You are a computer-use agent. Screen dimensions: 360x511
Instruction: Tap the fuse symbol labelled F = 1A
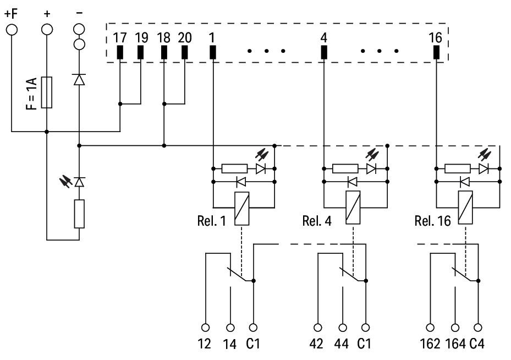click(x=47, y=92)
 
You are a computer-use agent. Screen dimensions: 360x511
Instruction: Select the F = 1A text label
click(x=32, y=93)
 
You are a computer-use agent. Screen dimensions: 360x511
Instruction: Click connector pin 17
click(x=120, y=52)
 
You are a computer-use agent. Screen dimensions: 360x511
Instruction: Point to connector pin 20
click(x=185, y=52)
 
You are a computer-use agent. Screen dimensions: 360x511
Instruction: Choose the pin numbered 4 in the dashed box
click(x=323, y=52)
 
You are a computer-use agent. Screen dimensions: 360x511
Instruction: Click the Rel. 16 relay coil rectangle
click(x=465, y=209)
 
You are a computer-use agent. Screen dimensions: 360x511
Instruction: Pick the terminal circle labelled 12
click(x=205, y=326)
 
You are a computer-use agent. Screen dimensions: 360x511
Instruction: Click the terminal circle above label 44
click(x=343, y=326)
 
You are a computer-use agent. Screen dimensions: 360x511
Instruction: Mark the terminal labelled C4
click(x=478, y=326)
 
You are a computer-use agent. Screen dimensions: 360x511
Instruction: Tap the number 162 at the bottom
click(x=430, y=344)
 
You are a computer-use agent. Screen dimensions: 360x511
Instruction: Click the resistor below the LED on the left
click(x=80, y=214)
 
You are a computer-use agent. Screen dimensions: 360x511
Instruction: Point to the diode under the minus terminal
click(x=80, y=80)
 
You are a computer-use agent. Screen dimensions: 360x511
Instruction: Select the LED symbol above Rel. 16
click(x=484, y=168)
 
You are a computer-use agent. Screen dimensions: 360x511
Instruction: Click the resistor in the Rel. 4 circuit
click(x=346, y=168)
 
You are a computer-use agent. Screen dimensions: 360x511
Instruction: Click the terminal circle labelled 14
click(x=230, y=326)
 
